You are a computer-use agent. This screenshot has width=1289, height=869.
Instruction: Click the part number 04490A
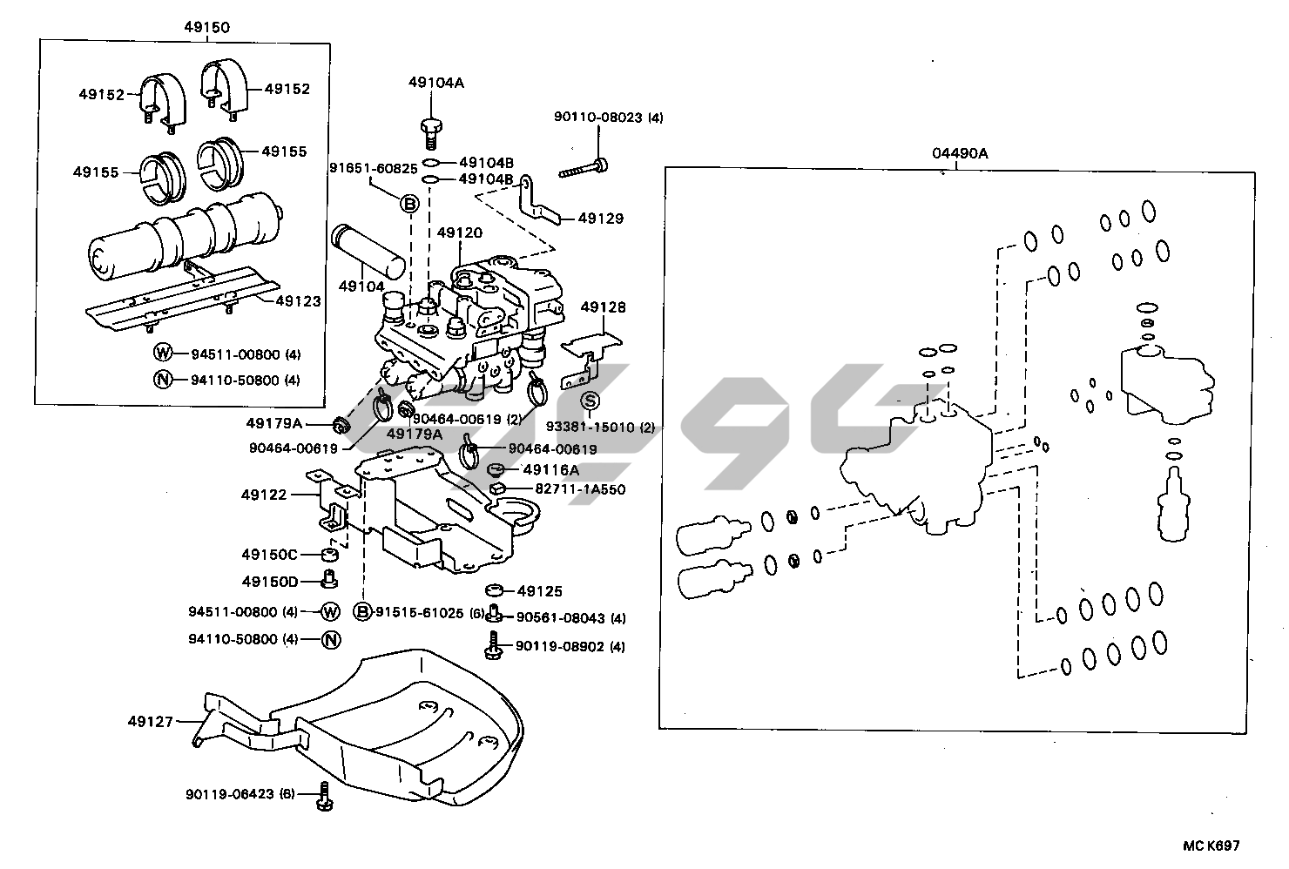coord(960,153)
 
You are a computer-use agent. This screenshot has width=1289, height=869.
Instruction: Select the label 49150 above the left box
coord(206,27)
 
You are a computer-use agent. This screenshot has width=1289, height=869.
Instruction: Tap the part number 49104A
coord(436,83)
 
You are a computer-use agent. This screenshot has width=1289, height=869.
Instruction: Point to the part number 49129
coord(601,219)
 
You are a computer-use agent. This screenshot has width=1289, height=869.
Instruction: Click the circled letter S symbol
coord(591,401)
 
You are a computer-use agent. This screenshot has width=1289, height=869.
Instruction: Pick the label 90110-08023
coord(608,118)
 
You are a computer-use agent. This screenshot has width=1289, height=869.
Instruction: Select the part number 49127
coord(150,721)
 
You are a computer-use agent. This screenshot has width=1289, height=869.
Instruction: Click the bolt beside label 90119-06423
coord(326,794)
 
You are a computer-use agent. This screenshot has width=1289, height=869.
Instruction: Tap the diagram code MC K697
coord(1210,845)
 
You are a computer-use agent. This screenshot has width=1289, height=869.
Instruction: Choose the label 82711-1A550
coord(580,489)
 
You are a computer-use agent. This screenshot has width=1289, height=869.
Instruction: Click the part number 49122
coord(264,495)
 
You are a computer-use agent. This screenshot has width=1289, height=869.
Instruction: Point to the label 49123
coord(298,301)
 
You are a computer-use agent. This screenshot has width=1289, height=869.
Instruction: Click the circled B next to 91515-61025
coord(362,611)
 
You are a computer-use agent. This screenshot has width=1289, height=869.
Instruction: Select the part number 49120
coord(459,233)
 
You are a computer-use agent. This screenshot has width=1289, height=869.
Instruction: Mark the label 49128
coord(603,307)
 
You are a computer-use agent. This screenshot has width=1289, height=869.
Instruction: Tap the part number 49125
coord(540,591)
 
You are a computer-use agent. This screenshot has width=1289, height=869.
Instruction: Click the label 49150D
coord(270,581)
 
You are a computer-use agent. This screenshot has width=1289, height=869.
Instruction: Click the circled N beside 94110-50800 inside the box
coord(163,380)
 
